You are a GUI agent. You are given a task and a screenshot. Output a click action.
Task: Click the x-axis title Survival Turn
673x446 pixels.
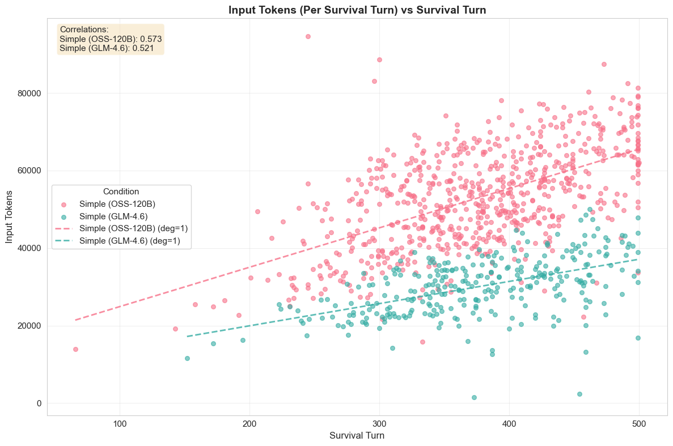coord(357,436)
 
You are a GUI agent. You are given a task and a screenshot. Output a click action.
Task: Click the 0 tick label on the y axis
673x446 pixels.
coord(40,403)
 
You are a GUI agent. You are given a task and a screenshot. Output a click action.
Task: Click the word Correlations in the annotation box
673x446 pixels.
coord(84,29)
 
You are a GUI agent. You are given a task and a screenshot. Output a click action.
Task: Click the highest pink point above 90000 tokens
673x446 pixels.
coord(308,36)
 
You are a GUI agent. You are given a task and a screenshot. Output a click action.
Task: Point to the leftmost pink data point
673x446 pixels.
coord(75,349)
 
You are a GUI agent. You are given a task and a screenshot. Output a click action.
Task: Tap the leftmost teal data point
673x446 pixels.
coord(187,358)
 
